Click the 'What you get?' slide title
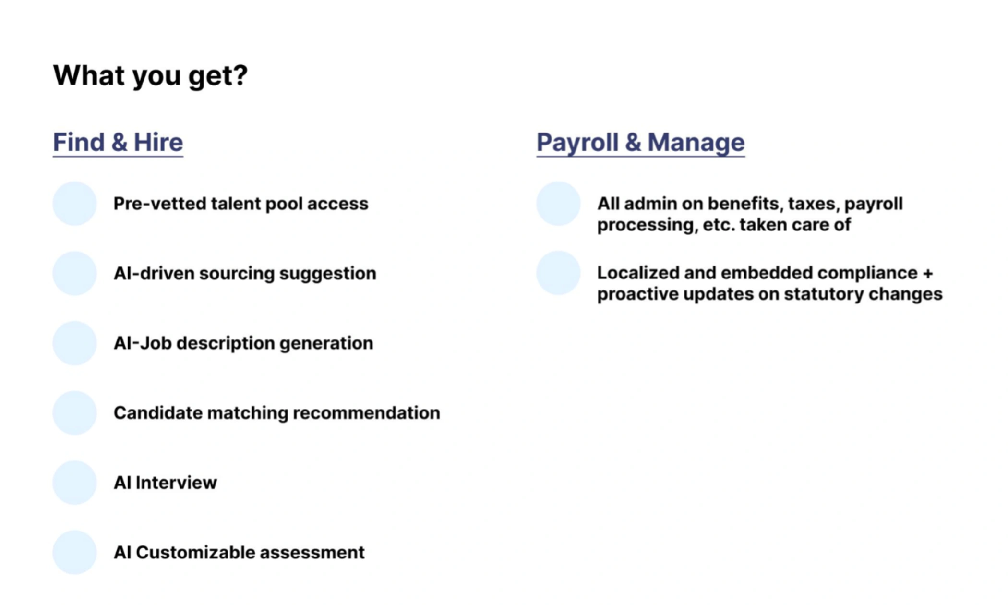150,76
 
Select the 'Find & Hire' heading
118,143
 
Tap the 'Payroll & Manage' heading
640,143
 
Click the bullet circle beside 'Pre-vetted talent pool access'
75,204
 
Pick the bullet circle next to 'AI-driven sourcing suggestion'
75,273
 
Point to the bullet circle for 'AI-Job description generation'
75,343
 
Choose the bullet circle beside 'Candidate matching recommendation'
75,413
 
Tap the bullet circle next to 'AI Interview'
75,483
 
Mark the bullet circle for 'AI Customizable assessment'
75,552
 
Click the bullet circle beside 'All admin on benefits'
558,204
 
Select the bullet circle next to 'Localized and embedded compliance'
558,273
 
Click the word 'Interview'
176,483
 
